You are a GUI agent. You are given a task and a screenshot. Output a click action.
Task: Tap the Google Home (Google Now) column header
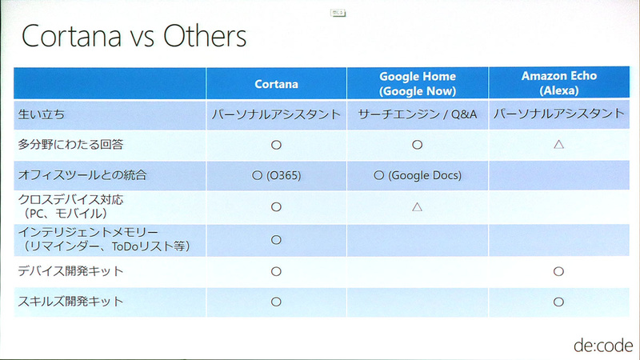point(417,83)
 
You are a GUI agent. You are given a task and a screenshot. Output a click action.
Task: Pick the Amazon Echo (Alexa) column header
point(558,83)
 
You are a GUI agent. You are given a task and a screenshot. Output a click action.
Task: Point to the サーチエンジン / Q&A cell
point(417,115)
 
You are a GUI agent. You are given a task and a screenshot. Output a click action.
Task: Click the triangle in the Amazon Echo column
point(558,146)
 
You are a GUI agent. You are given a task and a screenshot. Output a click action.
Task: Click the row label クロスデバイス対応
point(72,200)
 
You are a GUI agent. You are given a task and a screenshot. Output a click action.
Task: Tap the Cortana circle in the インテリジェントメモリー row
point(276,240)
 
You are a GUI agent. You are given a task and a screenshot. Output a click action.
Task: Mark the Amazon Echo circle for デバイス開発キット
point(558,272)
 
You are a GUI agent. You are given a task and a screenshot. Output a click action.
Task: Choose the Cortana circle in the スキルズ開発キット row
point(276,302)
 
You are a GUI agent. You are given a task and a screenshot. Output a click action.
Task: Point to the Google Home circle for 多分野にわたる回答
point(417,146)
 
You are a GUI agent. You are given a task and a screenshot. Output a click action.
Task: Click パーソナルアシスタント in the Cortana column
point(276,115)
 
